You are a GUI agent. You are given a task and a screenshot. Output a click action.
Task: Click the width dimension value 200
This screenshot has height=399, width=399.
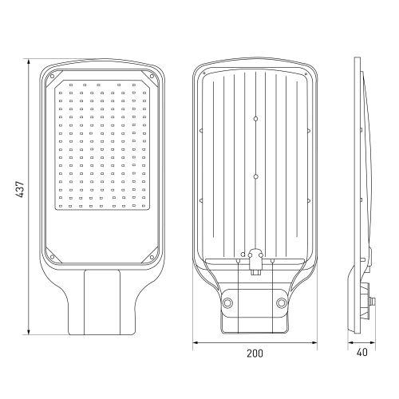pyautogui.click(x=255, y=353)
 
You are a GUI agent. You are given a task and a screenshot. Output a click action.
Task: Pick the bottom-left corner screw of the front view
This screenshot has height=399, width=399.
pyautogui.click(x=53, y=257)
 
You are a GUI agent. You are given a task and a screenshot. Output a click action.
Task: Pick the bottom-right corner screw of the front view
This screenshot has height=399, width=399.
pyautogui.click(x=152, y=257)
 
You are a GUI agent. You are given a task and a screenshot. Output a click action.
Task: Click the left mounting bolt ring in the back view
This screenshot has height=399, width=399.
pyautogui.click(x=228, y=302)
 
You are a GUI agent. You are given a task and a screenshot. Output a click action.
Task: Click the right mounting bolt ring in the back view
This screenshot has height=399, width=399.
pyautogui.click(x=281, y=302)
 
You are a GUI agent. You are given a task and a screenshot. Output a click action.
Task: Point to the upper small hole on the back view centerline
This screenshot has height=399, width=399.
pyautogui.click(x=255, y=119)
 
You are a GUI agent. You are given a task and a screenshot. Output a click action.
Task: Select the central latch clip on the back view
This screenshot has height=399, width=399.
pyautogui.click(x=255, y=259)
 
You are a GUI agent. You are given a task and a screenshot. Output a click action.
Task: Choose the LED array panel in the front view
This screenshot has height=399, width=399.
pyautogui.click(x=102, y=144)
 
